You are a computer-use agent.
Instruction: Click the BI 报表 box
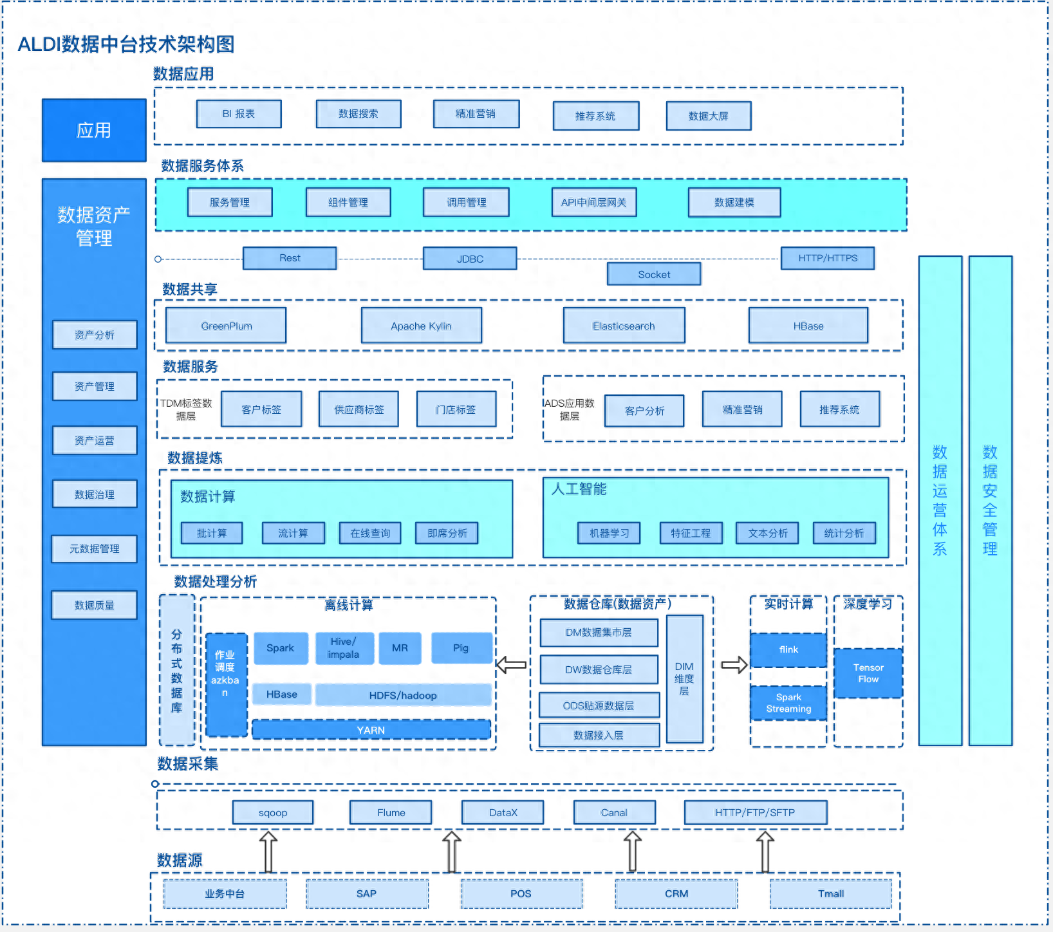point(239,114)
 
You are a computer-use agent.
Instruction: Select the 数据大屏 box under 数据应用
point(709,116)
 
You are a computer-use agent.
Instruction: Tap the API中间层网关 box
point(594,202)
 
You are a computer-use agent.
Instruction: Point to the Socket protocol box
point(654,274)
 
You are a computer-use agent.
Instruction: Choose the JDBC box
point(470,259)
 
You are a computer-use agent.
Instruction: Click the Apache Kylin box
point(422,326)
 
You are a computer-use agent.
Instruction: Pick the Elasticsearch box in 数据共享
point(624,326)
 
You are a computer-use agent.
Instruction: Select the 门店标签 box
point(456,409)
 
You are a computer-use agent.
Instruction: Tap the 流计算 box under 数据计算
point(293,533)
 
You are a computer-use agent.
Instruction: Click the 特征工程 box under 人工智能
point(691,533)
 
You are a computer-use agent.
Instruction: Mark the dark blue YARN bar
point(371,730)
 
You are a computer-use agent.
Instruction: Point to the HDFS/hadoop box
point(403,695)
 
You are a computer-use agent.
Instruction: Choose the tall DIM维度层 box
point(684,678)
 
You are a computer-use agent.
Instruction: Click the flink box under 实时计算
point(788,650)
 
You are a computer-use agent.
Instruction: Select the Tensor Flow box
point(868,673)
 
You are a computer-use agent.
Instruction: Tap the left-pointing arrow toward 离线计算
point(512,665)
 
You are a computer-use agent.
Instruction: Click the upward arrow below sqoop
point(268,851)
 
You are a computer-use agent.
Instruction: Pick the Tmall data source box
point(831,893)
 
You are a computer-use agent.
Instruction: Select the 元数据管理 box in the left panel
point(95,549)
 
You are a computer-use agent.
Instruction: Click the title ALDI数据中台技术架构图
point(126,44)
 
